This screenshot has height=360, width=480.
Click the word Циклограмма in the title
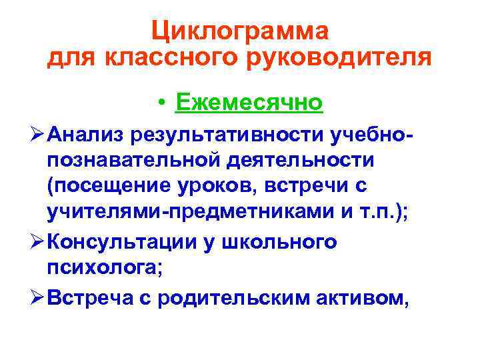click(x=239, y=31)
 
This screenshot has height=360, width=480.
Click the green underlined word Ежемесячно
click(x=248, y=102)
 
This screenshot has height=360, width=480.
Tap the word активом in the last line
click(x=366, y=298)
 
